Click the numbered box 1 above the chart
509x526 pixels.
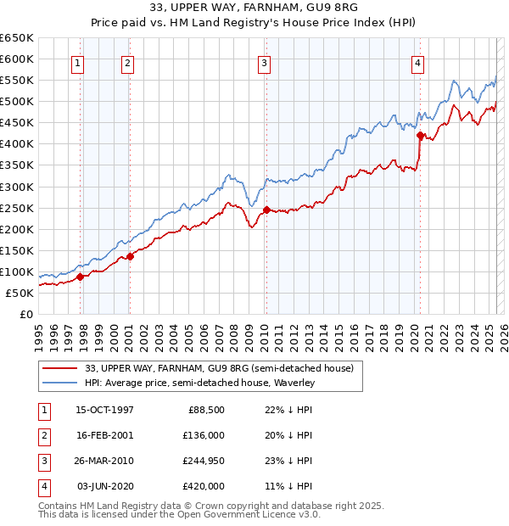[77, 62]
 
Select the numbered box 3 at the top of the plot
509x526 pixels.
[264, 62]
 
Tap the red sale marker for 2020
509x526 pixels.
[420, 134]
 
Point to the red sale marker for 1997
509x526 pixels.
[81, 276]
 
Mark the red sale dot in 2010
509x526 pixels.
[266, 210]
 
